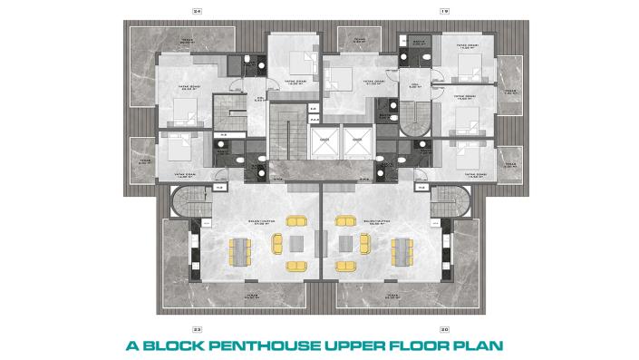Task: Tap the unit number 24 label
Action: pyautogui.click(x=197, y=10)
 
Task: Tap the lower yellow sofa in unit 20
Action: pyautogui.click(x=344, y=266)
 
